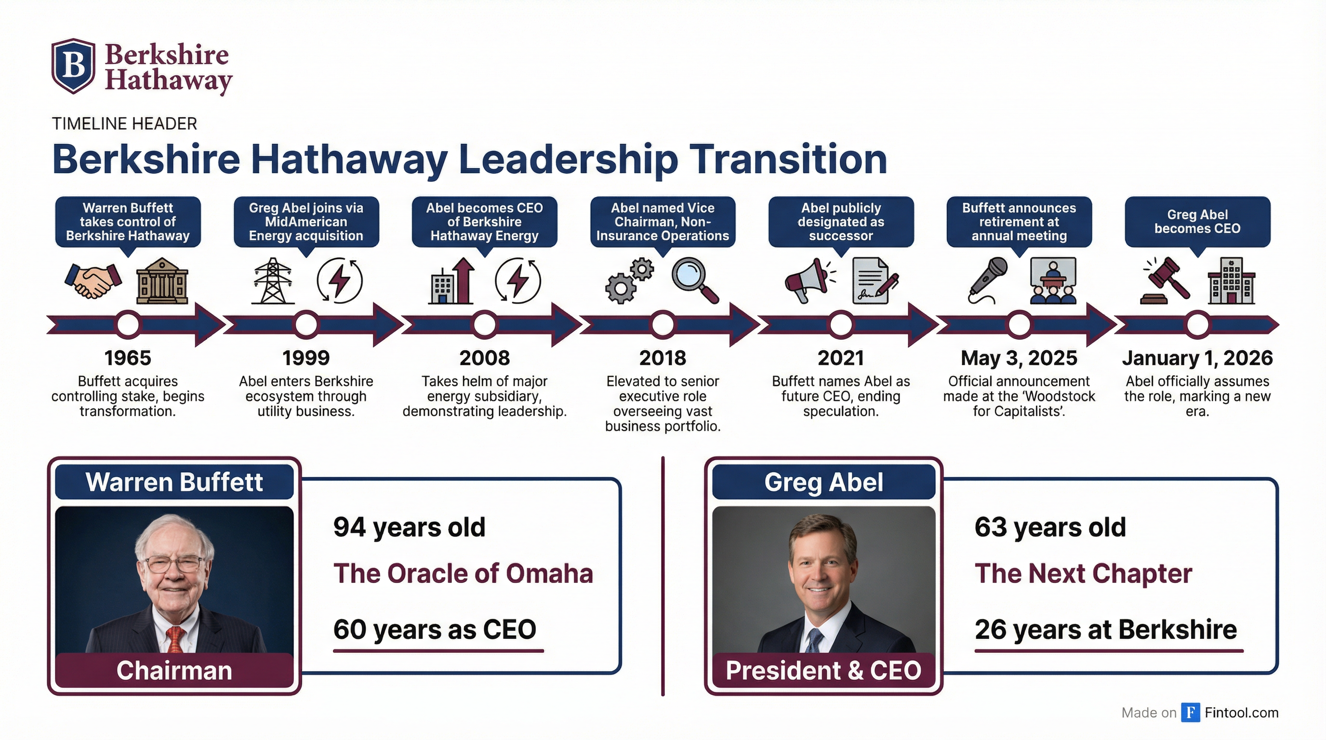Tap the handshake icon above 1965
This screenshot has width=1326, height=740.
[x=93, y=280]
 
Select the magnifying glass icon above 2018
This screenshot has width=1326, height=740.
[x=695, y=280]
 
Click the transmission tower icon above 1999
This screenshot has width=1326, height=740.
[x=273, y=280]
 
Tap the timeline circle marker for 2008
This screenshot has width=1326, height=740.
[x=484, y=325]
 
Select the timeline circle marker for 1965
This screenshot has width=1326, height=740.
[x=128, y=325]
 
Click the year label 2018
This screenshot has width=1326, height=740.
[x=663, y=357]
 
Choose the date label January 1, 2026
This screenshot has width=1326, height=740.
[x=1197, y=357]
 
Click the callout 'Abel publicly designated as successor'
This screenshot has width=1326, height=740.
[x=841, y=222]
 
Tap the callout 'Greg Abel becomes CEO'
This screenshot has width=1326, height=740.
[x=1197, y=222]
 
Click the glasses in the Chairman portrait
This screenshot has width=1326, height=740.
[x=175, y=565]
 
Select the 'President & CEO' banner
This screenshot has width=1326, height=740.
[x=823, y=670]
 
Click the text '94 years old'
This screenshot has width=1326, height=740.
[x=409, y=528]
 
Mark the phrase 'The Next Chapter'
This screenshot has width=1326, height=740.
[x=1084, y=574]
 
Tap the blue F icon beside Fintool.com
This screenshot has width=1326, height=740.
[x=1191, y=712]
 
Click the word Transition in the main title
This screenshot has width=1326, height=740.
[x=788, y=159]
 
